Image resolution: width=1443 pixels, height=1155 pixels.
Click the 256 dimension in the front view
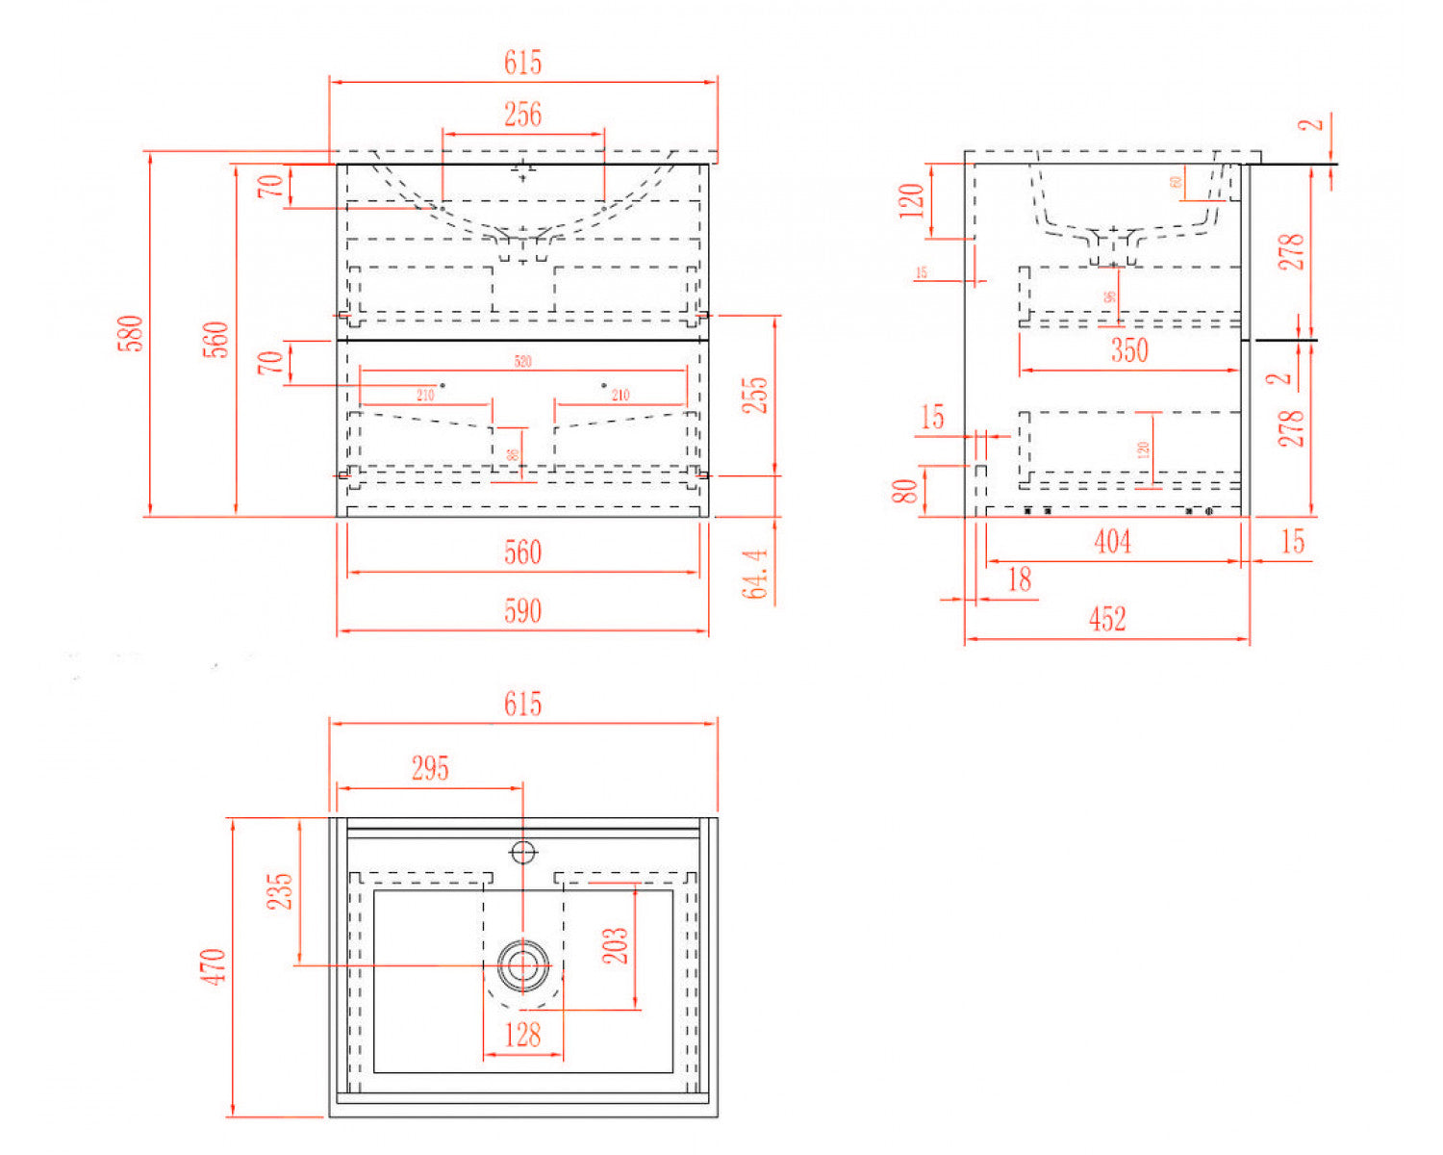[522, 115]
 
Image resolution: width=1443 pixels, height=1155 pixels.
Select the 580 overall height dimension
[133, 333]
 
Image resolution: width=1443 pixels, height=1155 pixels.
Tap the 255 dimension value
[757, 395]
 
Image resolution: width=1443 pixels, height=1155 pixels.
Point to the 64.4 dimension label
[756, 574]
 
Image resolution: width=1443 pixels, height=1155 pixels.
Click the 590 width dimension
[522, 611]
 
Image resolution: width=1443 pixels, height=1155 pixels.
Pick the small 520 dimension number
[522, 362]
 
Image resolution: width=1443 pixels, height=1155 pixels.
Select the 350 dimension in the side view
[1129, 350]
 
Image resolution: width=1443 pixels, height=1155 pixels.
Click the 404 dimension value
[1113, 542]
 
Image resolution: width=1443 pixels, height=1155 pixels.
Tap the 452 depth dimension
[1107, 619]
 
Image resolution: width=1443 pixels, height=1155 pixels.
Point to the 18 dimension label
[1019, 579]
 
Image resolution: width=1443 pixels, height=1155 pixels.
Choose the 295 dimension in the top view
[430, 768]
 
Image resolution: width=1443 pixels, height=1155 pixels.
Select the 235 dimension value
[280, 891]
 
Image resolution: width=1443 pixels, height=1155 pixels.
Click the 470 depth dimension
[214, 966]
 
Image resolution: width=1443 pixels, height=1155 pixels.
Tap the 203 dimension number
[616, 945]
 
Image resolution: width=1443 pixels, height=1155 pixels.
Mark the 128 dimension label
[522, 1035]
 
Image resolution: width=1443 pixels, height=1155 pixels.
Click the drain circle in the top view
[523, 964]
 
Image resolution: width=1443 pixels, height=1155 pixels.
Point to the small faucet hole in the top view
[523, 853]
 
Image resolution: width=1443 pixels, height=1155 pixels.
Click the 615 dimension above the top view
[522, 705]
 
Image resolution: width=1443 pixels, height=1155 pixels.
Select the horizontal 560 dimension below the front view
[522, 552]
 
